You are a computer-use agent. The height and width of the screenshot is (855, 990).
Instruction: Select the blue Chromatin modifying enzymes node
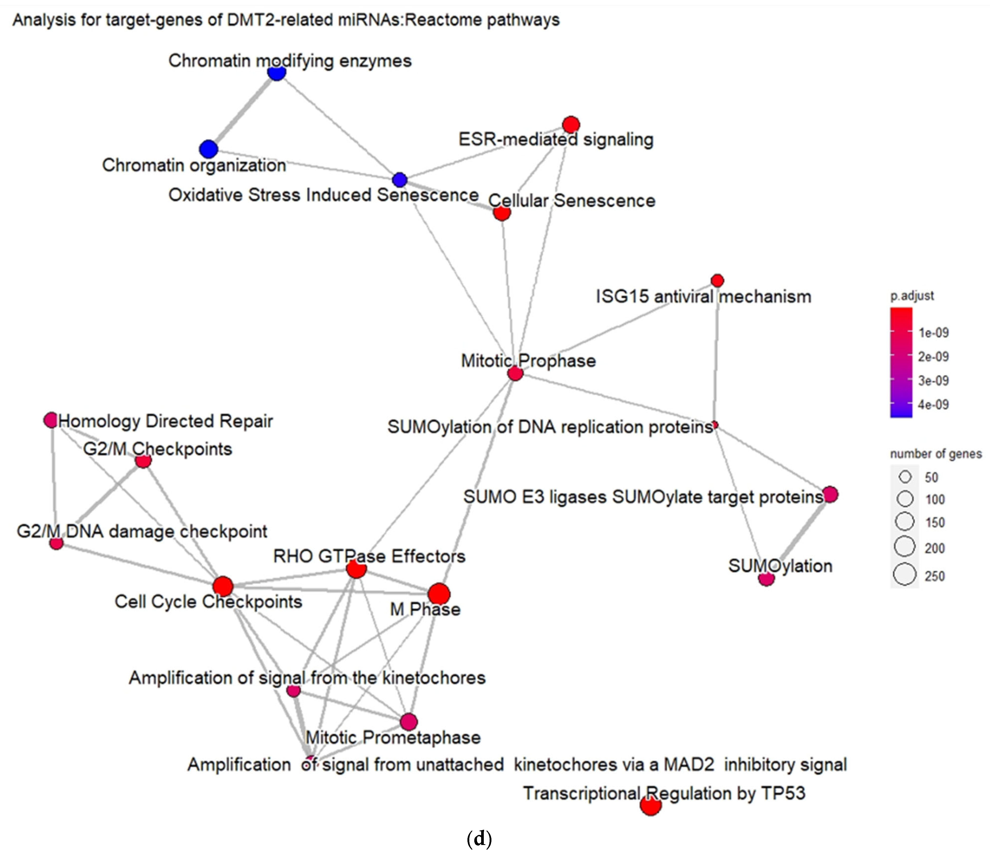277,73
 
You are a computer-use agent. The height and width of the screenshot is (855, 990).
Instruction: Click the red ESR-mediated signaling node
571,124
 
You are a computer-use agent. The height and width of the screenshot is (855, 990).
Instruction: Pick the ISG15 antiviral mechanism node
717,280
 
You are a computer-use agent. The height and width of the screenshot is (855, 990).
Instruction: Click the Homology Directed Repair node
51,420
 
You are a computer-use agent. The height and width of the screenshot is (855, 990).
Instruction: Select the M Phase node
439,594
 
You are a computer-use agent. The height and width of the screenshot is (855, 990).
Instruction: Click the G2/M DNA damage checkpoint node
56,543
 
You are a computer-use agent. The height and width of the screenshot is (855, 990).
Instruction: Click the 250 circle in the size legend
905,574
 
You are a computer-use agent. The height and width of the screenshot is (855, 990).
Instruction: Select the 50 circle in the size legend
905,477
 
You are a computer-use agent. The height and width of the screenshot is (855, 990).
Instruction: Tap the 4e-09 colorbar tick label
933,405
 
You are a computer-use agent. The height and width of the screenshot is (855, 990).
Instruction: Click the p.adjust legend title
912,296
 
